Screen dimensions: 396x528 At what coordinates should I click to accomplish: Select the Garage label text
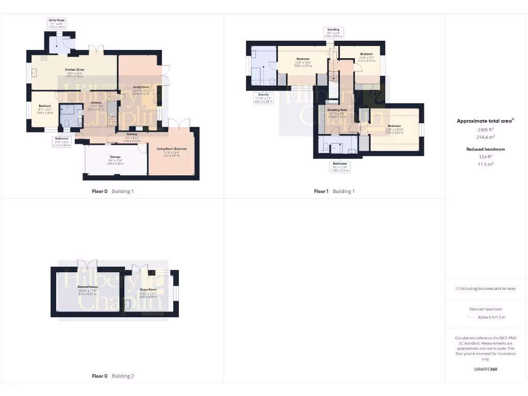pos(115,157)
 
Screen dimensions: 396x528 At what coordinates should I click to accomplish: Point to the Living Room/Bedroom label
pos(172,149)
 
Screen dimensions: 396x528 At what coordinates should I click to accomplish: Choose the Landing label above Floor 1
pos(335,29)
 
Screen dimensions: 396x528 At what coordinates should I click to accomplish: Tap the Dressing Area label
pos(337,110)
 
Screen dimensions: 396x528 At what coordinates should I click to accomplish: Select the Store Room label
pos(148,289)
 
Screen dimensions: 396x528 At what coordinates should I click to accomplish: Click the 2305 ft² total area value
pos(487,130)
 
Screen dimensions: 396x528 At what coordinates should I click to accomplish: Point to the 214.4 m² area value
pos(487,137)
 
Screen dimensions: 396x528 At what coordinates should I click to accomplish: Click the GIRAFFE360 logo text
pos(486,369)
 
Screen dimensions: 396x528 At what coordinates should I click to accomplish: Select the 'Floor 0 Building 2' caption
pos(113,376)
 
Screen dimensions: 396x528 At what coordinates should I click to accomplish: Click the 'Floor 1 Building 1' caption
pos(334,191)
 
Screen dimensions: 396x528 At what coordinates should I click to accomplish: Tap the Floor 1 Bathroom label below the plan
pos(339,163)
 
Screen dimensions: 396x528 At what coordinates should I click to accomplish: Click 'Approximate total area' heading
pos(485,121)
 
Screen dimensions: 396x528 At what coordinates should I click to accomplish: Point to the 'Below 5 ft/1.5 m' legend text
pos(491,317)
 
